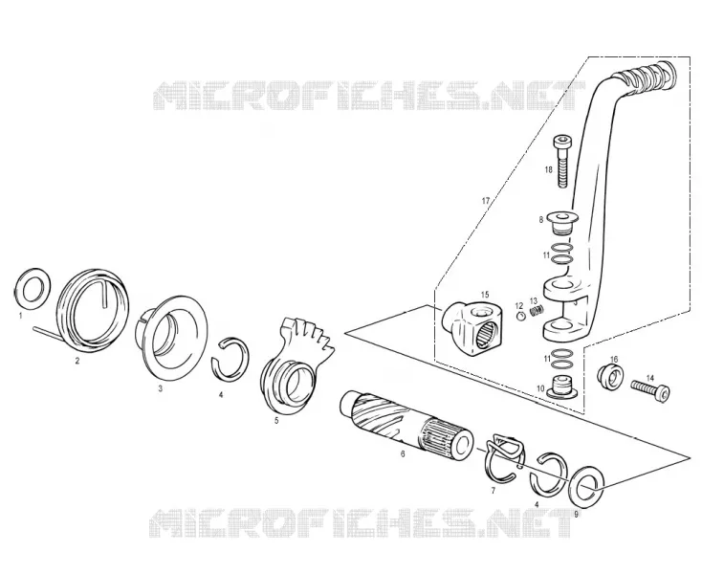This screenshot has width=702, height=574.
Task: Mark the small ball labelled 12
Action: click(x=520, y=317)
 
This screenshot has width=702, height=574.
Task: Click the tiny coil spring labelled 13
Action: click(x=537, y=310)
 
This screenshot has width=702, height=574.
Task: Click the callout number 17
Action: click(x=486, y=201)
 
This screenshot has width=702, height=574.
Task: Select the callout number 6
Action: click(x=403, y=454)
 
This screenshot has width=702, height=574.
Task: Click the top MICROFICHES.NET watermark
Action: click(x=368, y=96)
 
